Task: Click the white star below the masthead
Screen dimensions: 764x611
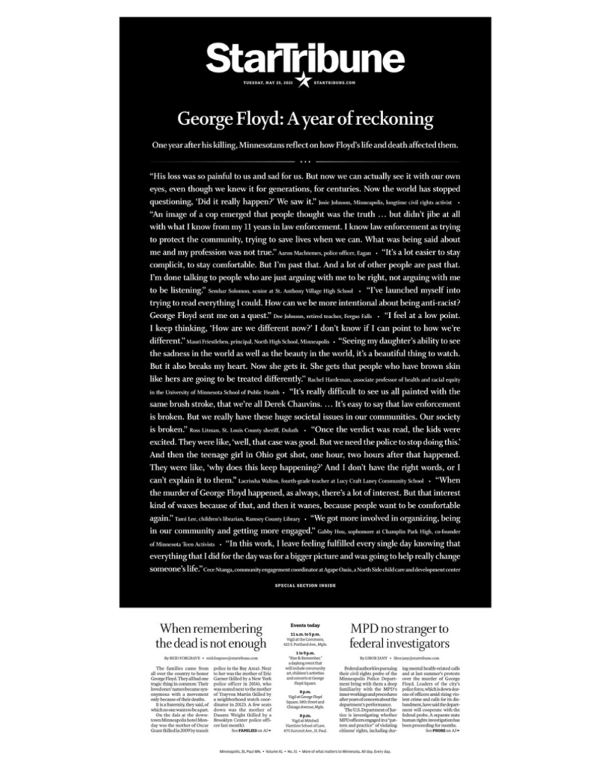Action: click(305, 81)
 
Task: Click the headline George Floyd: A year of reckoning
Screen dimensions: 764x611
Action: click(305, 119)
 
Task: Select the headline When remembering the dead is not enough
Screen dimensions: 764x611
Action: click(211, 636)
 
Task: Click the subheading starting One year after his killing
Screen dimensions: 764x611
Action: click(305, 143)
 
